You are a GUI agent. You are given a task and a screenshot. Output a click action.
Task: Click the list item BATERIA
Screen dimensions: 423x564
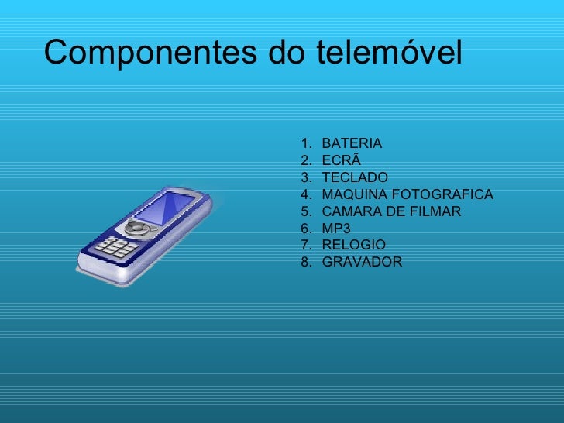pos(352,144)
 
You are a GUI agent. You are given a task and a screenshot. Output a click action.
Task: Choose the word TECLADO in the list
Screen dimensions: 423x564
pos(355,178)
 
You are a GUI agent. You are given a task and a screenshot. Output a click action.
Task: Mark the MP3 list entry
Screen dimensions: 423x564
pos(336,229)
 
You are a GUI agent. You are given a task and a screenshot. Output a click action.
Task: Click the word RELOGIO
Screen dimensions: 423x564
pos(354,245)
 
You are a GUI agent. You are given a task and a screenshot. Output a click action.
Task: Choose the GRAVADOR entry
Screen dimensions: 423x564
pos(362,262)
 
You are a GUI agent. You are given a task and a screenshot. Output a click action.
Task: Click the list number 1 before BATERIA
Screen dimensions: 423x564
pos(304,144)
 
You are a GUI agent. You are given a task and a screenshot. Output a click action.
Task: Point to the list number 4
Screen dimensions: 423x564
pos(304,194)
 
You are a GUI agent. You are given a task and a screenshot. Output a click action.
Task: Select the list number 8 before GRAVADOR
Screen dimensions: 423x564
pos(304,262)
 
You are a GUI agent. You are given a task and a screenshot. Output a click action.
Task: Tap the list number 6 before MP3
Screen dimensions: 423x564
pos(304,229)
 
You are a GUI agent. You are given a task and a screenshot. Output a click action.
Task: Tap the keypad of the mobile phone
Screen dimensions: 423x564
pos(115,248)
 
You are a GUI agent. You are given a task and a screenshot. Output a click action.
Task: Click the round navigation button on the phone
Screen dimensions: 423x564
pos(136,229)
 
